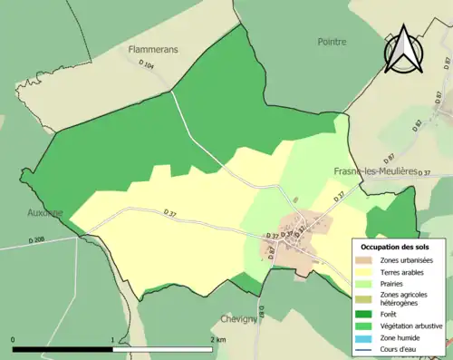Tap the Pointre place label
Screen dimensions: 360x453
(x=333, y=42)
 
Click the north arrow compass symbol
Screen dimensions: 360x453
(x=402, y=50)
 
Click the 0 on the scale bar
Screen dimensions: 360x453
(x=13, y=340)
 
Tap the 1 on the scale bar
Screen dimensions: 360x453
(x=112, y=340)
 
